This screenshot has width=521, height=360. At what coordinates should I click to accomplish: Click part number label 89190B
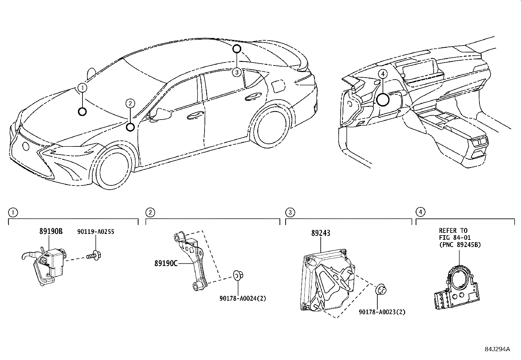pyautogui.click(x=51, y=231)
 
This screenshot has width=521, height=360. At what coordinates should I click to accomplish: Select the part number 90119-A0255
pyautogui.click(x=96, y=232)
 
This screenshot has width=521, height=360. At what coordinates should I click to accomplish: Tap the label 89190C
pyautogui.click(x=166, y=263)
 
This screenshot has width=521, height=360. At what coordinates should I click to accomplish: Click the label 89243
pyautogui.click(x=321, y=233)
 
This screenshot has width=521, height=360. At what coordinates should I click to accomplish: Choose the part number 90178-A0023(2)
pyautogui.click(x=382, y=312)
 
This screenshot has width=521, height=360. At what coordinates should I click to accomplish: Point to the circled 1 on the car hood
pyautogui.click(x=82, y=87)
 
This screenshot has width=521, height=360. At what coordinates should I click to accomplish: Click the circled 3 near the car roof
pyautogui.click(x=237, y=72)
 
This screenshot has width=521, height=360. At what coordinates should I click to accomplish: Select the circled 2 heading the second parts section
pyautogui.click(x=150, y=213)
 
